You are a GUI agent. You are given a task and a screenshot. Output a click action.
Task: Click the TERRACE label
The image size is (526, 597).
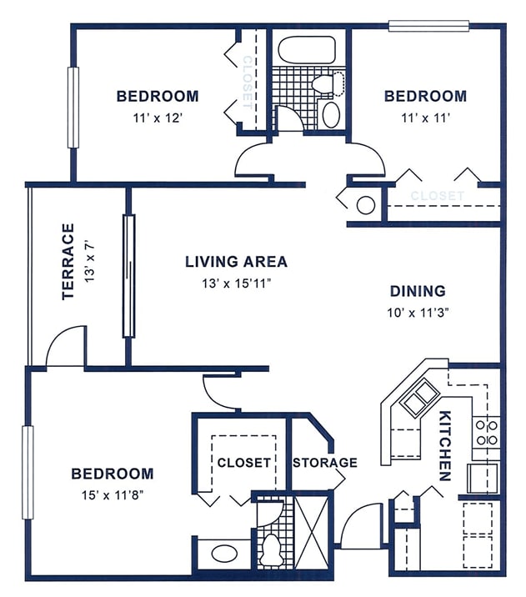click(x=68, y=261)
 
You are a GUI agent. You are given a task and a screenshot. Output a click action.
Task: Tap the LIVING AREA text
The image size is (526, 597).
click(x=236, y=262)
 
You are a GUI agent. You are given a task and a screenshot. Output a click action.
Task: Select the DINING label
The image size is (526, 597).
click(x=418, y=291)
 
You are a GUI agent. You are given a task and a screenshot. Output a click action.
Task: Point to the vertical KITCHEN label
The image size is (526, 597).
click(x=444, y=446)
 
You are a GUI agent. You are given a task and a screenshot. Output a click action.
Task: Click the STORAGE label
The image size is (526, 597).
click(x=324, y=463)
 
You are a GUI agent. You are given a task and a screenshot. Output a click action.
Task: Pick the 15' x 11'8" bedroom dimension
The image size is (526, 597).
click(x=112, y=495)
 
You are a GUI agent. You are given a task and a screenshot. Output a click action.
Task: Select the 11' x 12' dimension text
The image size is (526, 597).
click(x=157, y=118)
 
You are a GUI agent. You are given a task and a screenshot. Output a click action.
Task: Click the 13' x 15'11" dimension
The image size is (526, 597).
click(x=236, y=283)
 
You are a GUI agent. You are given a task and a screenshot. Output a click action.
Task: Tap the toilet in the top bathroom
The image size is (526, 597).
click(x=328, y=83)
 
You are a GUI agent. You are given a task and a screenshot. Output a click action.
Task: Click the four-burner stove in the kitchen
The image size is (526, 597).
click(x=486, y=431)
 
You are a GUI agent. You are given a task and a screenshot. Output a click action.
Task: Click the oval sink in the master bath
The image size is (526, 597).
click(x=223, y=553)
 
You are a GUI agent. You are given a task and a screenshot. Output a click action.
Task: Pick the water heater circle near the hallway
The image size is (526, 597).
click(x=365, y=203)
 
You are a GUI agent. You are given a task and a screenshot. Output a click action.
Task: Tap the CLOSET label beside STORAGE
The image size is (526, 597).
click(x=243, y=463)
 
